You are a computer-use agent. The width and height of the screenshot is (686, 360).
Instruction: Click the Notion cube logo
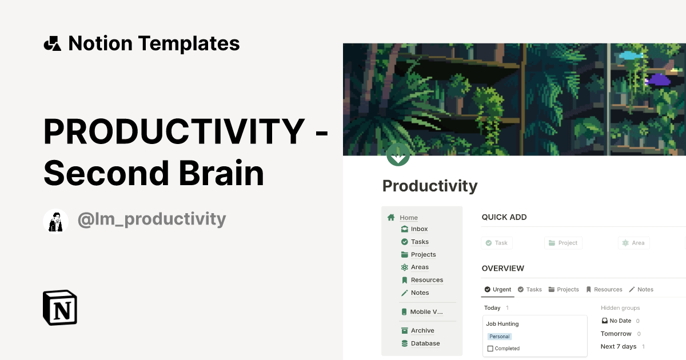point(60,307)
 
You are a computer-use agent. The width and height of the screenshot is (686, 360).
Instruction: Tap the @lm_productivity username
point(151,219)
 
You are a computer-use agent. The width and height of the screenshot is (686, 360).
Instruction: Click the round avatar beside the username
point(55,221)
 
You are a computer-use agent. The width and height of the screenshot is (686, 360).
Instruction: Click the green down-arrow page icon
point(398,154)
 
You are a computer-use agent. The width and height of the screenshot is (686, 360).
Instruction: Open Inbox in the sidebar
point(419,229)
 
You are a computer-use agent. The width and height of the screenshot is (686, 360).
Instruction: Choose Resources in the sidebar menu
point(426,280)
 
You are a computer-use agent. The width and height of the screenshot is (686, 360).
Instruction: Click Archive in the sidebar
point(422,331)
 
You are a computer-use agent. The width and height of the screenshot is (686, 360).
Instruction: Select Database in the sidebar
point(425,343)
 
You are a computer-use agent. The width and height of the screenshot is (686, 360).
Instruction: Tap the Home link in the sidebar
point(408,218)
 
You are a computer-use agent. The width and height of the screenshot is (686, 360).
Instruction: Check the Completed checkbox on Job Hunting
point(490,349)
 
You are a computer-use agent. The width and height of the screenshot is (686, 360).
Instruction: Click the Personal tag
point(499,337)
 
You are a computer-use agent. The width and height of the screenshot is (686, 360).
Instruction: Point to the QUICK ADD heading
point(504,217)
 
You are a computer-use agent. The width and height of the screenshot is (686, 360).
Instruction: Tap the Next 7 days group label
point(618,346)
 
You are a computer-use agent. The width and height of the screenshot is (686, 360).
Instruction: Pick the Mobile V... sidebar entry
point(426,312)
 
